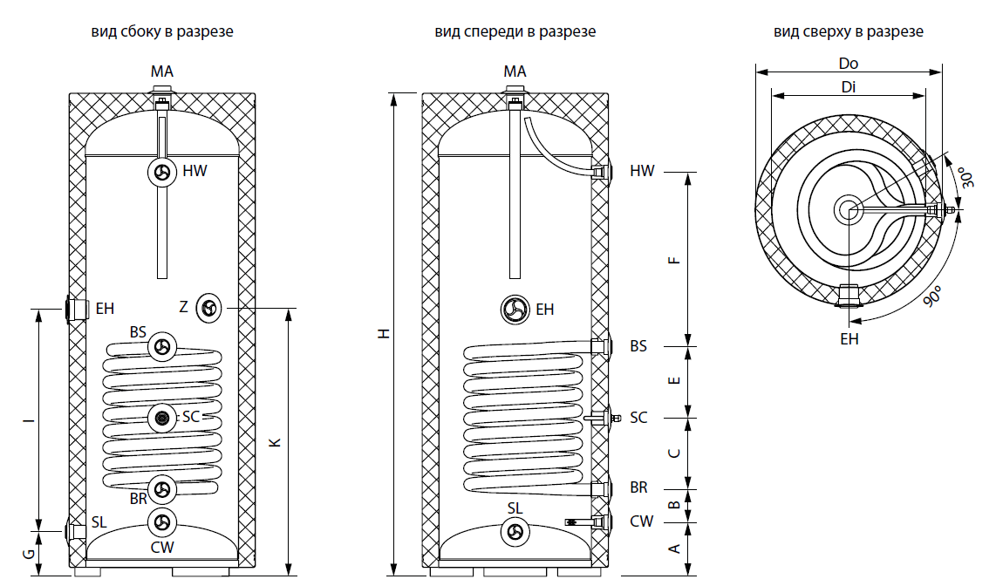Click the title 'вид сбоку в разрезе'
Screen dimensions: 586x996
(x=162, y=31)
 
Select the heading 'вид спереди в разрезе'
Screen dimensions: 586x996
(x=515, y=31)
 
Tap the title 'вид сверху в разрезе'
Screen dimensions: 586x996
(x=848, y=31)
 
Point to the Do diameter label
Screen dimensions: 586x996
(x=848, y=63)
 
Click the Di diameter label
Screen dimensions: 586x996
(x=848, y=87)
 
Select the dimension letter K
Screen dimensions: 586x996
(x=276, y=442)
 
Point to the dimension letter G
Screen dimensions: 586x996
(x=28, y=553)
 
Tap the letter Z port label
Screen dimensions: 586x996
(x=183, y=307)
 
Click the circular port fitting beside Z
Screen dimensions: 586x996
(x=209, y=307)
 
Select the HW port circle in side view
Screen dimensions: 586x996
(x=162, y=172)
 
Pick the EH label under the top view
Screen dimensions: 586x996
(x=849, y=339)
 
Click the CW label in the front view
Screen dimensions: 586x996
(x=641, y=521)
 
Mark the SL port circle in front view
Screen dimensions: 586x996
(x=515, y=531)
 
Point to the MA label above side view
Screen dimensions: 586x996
(x=162, y=71)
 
